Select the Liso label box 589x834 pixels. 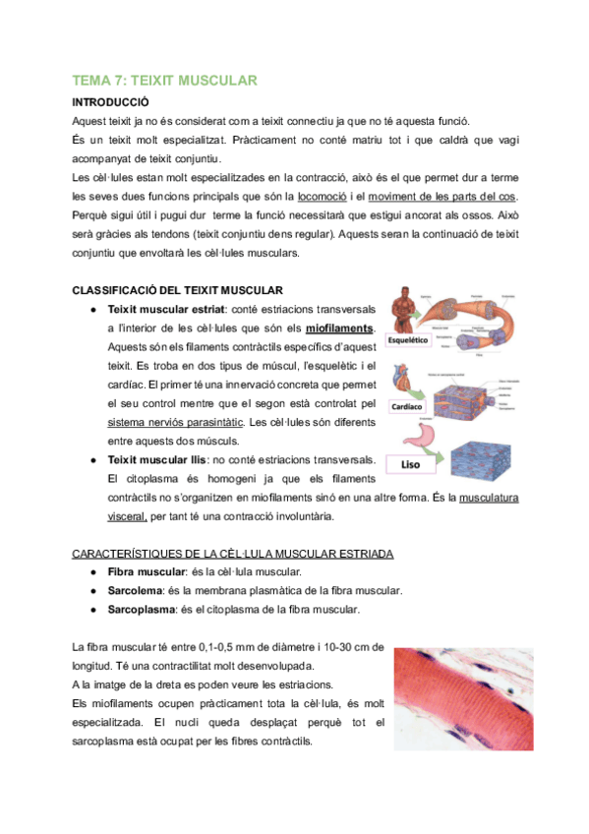coord(413,464)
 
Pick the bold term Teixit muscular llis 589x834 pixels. coord(158,459)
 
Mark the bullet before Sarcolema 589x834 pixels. coord(90,590)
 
